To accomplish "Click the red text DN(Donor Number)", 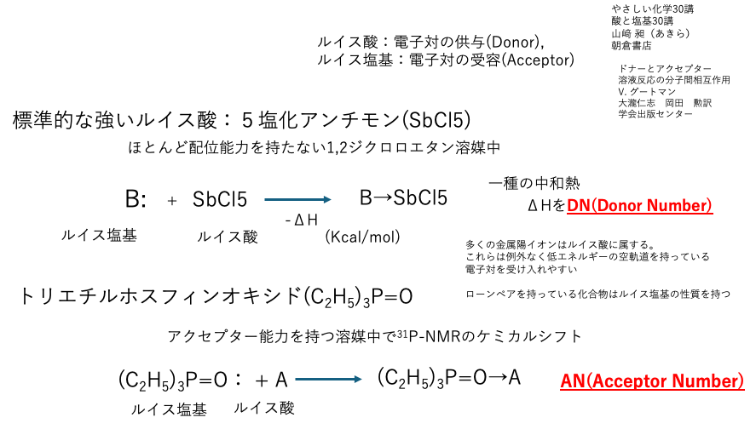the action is pyautogui.click(x=640, y=206).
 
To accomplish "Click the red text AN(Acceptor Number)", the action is pyautogui.click(x=652, y=380).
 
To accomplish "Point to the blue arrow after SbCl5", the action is pyautogui.click(x=297, y=199).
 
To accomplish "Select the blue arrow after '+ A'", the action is pyautogui.click(x=328, y=380).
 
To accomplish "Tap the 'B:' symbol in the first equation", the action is pyautogui.click(x=136, y=199).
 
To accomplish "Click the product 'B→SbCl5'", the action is pyautogui.click(x=403, y=197).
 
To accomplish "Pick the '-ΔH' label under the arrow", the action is pyautogui.click(x=302, y=220).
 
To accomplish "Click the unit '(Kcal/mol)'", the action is pyautogui.click(x=362, y=237).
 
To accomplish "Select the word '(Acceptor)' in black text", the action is pyautogui.click(x=538, y=60).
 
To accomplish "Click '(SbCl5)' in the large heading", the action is pyautogui.click(x=436, y=120).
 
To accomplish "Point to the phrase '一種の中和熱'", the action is pyautogui.click(x=534, y=183).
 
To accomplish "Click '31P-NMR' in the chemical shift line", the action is pyautogui.click(x=429, y=335).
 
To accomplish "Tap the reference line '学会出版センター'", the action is pyautogui.click(x=655, y=114).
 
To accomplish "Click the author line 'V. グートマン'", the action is pyautogui.click(x=647, y=91).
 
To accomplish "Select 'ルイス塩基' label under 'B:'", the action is pyautogui.click(x=99, y=235).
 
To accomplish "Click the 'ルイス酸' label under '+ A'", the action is pyautogui.click(x=264, y=408).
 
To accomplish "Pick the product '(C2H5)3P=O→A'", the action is pyautogui.click(x=449, y=379).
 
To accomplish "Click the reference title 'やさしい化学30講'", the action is pyautogui.click(x=653, y=9).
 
